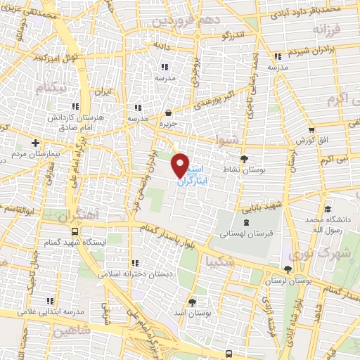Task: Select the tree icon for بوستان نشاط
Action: pyautogui.click(x=244, y=160)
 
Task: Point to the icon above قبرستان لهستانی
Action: pyautogui.click(x=244, y=222)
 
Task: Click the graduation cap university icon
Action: pyautogui.click(x=328, y=209)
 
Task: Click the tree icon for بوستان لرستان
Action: pyautogui.click(x=287, y=270)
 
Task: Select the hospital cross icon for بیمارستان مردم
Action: pyautogui.click(x=35, y=142)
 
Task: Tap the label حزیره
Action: pyautogui.click(x=167, y=124)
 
